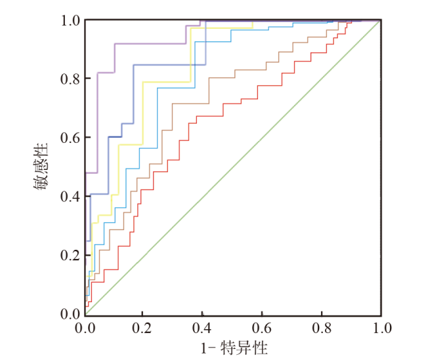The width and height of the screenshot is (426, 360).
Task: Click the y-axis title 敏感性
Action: (41, 167)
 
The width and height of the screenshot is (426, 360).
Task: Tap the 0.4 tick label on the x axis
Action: (203, 326)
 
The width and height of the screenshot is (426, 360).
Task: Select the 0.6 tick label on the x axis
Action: (263, 326)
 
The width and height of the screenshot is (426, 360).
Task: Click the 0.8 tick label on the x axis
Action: (322, 326)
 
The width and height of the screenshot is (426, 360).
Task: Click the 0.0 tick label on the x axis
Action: (85, 326)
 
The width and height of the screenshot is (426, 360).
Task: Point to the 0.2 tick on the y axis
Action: (70, 255)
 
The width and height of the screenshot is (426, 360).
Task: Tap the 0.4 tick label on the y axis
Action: (70, 197)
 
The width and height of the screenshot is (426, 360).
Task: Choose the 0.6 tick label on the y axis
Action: (70, 138)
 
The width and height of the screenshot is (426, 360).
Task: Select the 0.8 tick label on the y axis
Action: (70, 79)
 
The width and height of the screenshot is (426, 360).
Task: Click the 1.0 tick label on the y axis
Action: (70, 20)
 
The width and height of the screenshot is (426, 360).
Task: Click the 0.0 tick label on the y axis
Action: (70, 314)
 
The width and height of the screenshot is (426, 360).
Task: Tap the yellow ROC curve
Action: (164, 82)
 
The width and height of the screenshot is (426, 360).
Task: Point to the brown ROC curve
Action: (190, 104)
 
